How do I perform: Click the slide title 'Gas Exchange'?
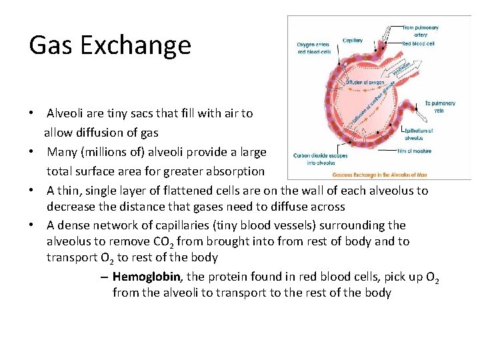[110, 45]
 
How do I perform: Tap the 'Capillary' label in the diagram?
[353, 41]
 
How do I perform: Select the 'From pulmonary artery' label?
[421, 31]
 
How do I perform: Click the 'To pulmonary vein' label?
[440, 107]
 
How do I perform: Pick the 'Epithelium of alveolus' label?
[419, 134]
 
